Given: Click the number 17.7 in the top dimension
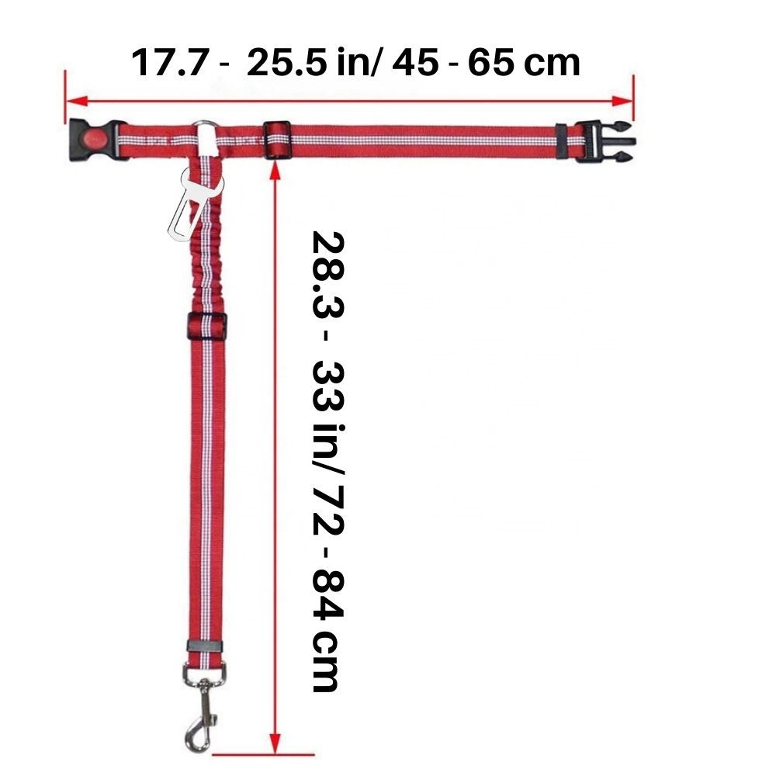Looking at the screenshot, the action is tap(168, 63).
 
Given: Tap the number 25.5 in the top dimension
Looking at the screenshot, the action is tap(287, 63).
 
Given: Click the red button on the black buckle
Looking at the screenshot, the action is tap(92, 137).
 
